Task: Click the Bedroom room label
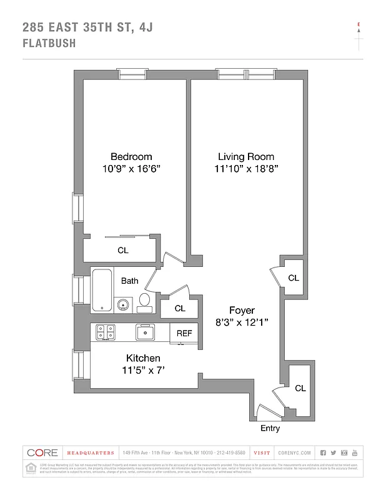pos(131,156)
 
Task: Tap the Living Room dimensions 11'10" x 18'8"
pos(246,169)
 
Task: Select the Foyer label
pos(241,310)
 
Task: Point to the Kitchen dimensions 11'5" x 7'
pos(143,370)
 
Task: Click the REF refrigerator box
pos(184,333)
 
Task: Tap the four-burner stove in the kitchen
pos(104,332)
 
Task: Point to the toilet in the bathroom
pos(144,301)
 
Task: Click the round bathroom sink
pos(123,306)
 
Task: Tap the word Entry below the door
pos(270,429)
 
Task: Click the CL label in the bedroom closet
pos(123,250)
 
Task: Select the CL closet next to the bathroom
pos(180,308)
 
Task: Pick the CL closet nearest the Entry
pos(300,388)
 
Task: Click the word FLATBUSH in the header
pos(49,44)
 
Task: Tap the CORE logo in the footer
pos(42,452)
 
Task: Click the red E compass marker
pos(359,25)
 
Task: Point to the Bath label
pos(130,281)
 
